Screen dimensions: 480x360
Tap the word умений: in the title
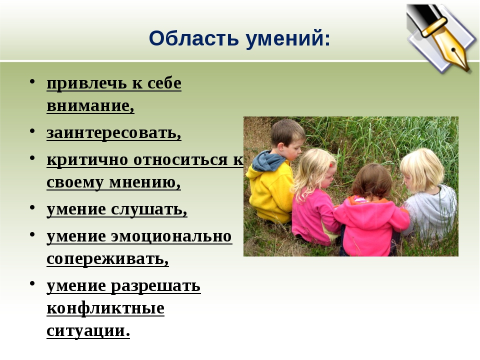click(288, 39)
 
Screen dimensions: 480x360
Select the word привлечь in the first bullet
click(86, 83)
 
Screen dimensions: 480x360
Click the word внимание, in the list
click(90, 105)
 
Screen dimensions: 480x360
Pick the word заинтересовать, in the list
click(114, 132)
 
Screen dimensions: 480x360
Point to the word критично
click(87, 159)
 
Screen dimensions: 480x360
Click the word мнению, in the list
click(145, 182)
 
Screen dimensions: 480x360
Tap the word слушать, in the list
click(149, 209)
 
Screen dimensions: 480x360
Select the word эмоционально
click(171, 236)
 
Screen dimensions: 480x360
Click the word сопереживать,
click(108, 259)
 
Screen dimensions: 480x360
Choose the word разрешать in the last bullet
click(155, 286)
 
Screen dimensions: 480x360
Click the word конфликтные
click(105, 308)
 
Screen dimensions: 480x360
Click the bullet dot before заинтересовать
click(32, 131)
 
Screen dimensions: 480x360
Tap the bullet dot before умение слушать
click(32, 207)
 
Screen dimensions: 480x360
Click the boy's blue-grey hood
click(267, 160)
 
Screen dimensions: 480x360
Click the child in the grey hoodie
click(427, 196)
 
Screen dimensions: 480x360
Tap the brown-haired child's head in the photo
click(372, 181)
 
